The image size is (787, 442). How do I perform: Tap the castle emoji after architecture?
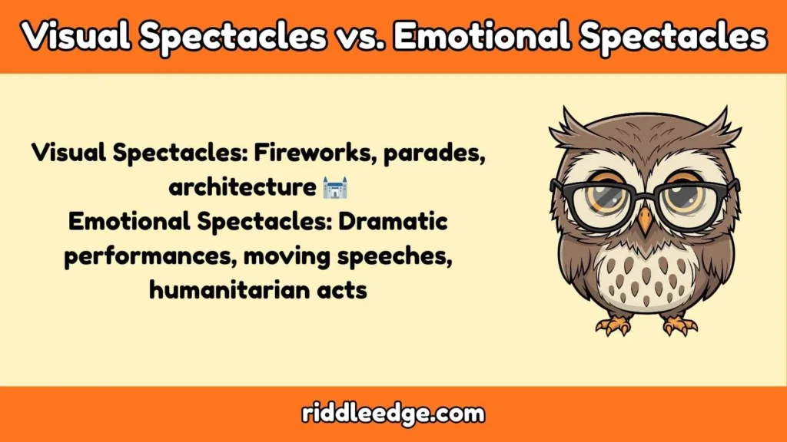[x=334, y=186]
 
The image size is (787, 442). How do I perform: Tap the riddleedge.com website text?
[x=393, y=414]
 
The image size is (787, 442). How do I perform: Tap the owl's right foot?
[x=679, y=325]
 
